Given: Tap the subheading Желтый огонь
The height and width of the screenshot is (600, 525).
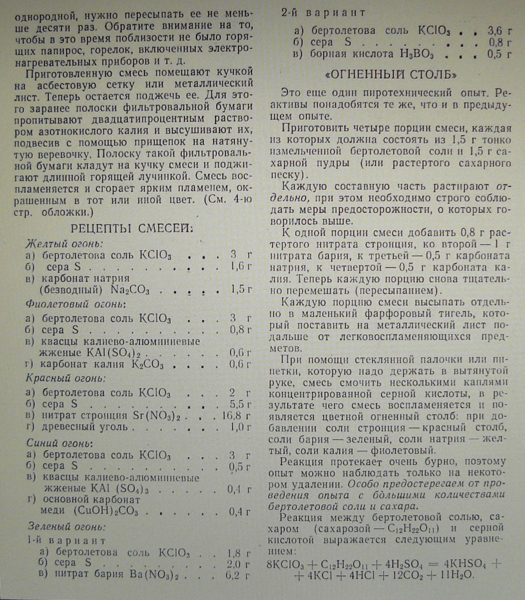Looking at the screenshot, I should (64, 243).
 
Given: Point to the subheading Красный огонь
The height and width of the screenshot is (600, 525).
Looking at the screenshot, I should (65, 378).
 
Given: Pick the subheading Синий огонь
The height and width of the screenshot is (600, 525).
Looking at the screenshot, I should (60, 443).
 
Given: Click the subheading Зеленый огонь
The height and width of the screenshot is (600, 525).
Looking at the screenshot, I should (67, 527).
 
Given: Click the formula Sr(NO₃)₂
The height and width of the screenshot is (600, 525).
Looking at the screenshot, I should (156, 416).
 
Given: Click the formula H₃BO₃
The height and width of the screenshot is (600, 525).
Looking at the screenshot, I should (417, 55).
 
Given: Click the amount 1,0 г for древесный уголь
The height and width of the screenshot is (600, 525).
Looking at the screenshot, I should (240, 427).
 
